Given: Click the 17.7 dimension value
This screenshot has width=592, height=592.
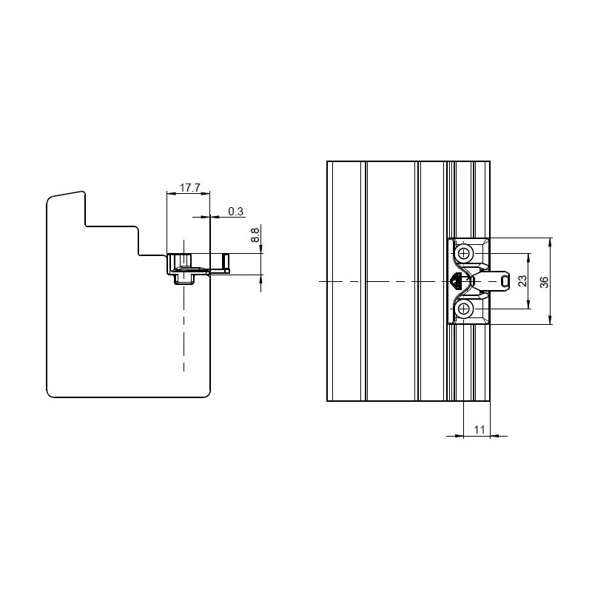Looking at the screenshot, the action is pyautogui.click(x=189, y=188).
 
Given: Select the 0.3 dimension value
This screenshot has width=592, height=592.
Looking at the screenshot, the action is pyautogui.click(x=236, y=212).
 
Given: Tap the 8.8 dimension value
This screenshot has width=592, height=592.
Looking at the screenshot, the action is pyautogui.click(x=255, y=235).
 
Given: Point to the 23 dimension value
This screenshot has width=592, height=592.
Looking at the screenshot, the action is pyautogui.click(x=522, y=281).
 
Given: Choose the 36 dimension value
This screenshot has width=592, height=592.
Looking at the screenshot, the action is pyautogui.click(x=544, y=282).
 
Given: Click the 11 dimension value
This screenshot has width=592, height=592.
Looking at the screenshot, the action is pyautogui.click(x=479, y=430).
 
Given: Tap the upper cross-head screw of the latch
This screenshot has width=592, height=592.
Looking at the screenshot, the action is pyautogui.click(x=464, y=254).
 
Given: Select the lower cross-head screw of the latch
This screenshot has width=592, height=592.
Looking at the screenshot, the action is pyautogui.click(x=464, y=309).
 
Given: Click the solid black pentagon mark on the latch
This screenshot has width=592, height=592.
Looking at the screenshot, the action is pyautogui.click(x=456, y=280).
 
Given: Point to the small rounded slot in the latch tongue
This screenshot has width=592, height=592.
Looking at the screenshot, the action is pyautogui.click(x=504, y=281).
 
